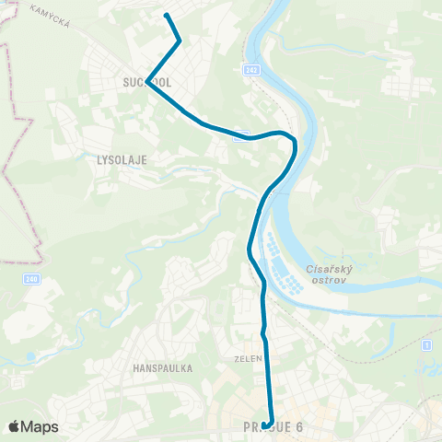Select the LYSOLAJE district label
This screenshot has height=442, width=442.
click(122, 159)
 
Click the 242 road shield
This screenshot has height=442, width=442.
click(251, 69)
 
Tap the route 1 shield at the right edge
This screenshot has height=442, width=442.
click(428, 344)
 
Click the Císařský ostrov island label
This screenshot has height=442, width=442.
click(324, 274)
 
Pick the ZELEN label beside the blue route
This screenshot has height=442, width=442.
click(250, 358)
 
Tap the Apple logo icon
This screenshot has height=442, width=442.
click(15, 426)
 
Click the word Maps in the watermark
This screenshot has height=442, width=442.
click(40, 426)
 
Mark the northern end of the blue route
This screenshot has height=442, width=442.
click(166, 15)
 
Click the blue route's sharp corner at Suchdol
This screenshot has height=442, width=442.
click(147, 83)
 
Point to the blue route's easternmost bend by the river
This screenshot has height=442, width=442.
click(295, 145)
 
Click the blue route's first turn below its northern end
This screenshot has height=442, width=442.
click(179, 41)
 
